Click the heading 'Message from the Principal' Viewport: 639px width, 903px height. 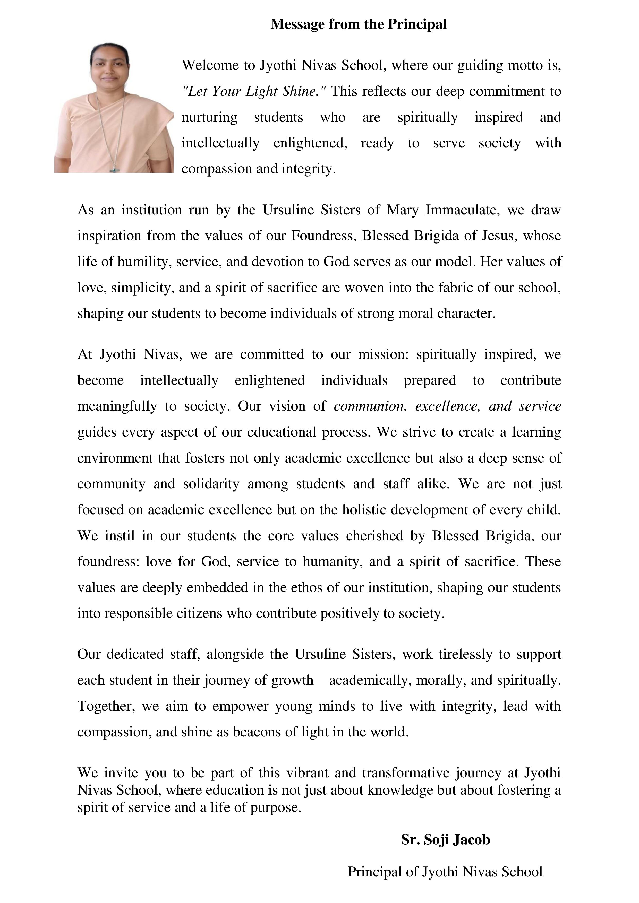pos(358,24)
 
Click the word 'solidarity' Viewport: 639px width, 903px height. pos(211,484)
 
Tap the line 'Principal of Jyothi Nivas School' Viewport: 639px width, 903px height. pos(445,872)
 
